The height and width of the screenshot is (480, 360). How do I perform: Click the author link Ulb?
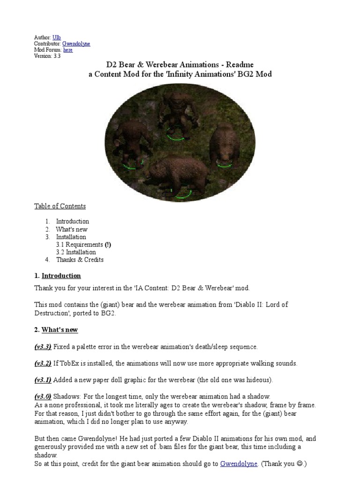[56, 37]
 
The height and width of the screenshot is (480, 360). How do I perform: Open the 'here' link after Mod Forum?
[67, 50]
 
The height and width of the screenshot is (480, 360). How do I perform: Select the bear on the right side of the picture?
[223, 146]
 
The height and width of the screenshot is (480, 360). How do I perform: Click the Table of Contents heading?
[60, 206]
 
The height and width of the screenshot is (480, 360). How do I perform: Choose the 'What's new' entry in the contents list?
[71, 229]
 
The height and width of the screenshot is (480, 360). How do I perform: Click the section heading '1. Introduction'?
[58, 276]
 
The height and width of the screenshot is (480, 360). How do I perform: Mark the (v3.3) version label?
[43, 347]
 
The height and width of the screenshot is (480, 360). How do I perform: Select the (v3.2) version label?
[43, 363]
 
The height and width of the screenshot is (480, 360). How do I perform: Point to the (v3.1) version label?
[43, 380]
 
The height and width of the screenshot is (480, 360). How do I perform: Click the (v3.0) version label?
[43, 397]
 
